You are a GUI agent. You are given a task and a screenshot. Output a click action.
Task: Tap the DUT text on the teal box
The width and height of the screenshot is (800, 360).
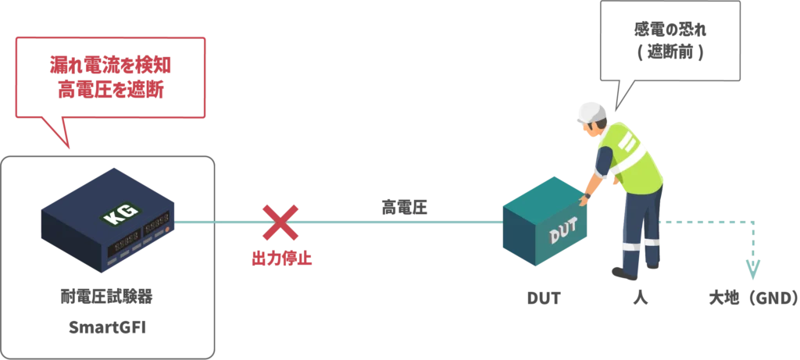(562, 234)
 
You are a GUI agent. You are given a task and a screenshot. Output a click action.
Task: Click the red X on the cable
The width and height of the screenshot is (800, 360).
(280, 223)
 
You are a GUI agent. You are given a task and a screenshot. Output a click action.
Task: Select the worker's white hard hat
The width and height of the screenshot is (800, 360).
(591, 110)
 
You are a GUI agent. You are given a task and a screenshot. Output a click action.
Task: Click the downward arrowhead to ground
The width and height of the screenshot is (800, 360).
(752, 269)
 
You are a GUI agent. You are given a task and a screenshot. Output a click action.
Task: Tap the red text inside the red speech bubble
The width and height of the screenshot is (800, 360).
(111, 77)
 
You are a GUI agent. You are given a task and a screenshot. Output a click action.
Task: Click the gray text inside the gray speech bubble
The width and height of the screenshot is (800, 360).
(669, 41)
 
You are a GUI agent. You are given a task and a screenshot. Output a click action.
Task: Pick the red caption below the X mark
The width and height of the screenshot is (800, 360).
(280, 258)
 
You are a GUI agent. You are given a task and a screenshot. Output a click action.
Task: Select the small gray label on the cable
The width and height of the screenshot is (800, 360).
(405, 205)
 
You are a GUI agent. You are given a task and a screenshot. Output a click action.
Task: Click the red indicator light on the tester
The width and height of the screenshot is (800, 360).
(166, 232)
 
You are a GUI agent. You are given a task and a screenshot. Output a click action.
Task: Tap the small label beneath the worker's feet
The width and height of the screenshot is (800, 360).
(641, 298)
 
